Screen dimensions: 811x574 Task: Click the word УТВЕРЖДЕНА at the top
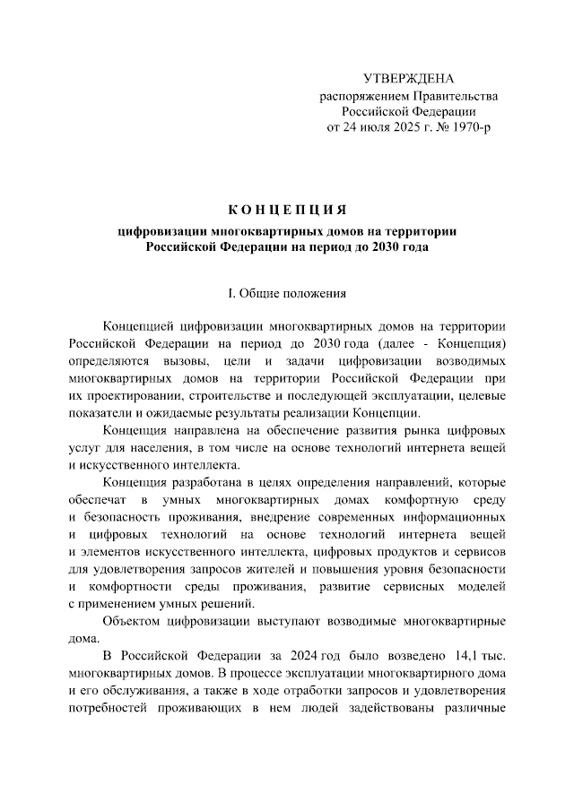pos(408,80)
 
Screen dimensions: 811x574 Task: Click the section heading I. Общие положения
pos(286,293)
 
